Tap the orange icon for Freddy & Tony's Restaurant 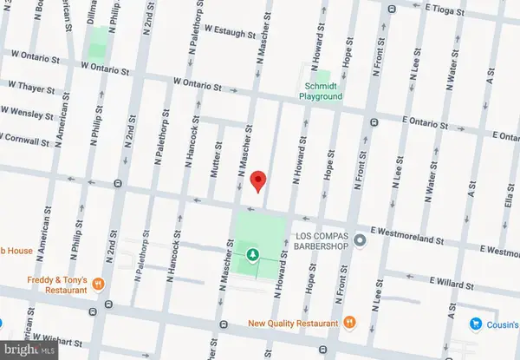[x=100, y=284]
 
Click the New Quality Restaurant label [x=292, y=323]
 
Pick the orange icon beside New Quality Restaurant [x=349, y=322]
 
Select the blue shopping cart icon [x=476, y=324]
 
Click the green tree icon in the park [x=253, y=254]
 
